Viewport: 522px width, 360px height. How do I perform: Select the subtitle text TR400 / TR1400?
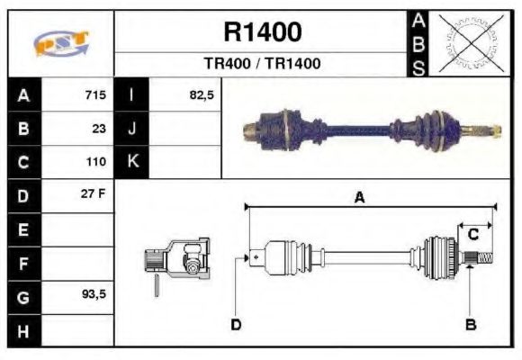[x=262, y=64]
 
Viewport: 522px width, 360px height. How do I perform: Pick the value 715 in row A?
[x=95, y=95]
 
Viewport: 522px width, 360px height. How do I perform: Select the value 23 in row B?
[x=99, y=129]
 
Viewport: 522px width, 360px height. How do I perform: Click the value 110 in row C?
[x=95, y=163]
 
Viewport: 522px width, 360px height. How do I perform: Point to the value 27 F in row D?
[x=94, y=194]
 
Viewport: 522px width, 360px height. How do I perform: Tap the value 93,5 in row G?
[x=94, y=294]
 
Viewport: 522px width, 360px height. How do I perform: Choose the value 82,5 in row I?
[x=202, y=95]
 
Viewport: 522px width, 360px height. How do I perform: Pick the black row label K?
[x=132, y=162]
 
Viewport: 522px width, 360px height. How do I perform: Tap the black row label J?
[x=132, y=129]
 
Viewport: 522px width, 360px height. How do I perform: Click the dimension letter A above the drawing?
[x=359, y=199]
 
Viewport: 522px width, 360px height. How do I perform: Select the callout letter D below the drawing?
[x=236, y=324]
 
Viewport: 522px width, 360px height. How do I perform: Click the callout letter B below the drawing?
[x=470, y=324]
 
